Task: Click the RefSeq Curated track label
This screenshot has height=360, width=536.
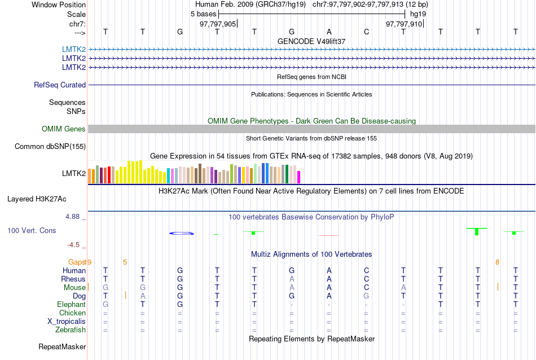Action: pos(60,85)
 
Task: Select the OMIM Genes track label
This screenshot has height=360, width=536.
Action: pos(64,129)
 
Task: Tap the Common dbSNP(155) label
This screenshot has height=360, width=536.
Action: pos(50,147)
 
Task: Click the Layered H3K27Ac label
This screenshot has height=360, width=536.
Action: pos(37,199)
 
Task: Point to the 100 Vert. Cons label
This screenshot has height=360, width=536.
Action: pos(32,231)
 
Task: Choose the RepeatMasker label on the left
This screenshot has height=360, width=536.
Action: pos(62,346)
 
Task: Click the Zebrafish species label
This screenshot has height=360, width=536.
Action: pos(71,330)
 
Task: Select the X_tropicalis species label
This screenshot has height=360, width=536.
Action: pos(67,321)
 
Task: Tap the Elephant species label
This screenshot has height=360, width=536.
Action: pos(71,304)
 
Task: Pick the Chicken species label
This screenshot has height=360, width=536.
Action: pos(72,313)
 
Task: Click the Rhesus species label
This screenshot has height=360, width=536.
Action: pos(73,279)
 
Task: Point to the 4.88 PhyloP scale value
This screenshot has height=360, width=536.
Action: pos(73,217)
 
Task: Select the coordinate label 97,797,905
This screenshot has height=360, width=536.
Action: pos(218,24)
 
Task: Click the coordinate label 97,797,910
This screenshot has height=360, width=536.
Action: pos(404,24)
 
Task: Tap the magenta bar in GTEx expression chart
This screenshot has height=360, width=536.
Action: pos(299,177)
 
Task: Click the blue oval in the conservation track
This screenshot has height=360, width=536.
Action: pos(182,233)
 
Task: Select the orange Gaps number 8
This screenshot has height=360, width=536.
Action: pos(497,262)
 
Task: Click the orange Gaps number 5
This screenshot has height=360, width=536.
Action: pos(125,262)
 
